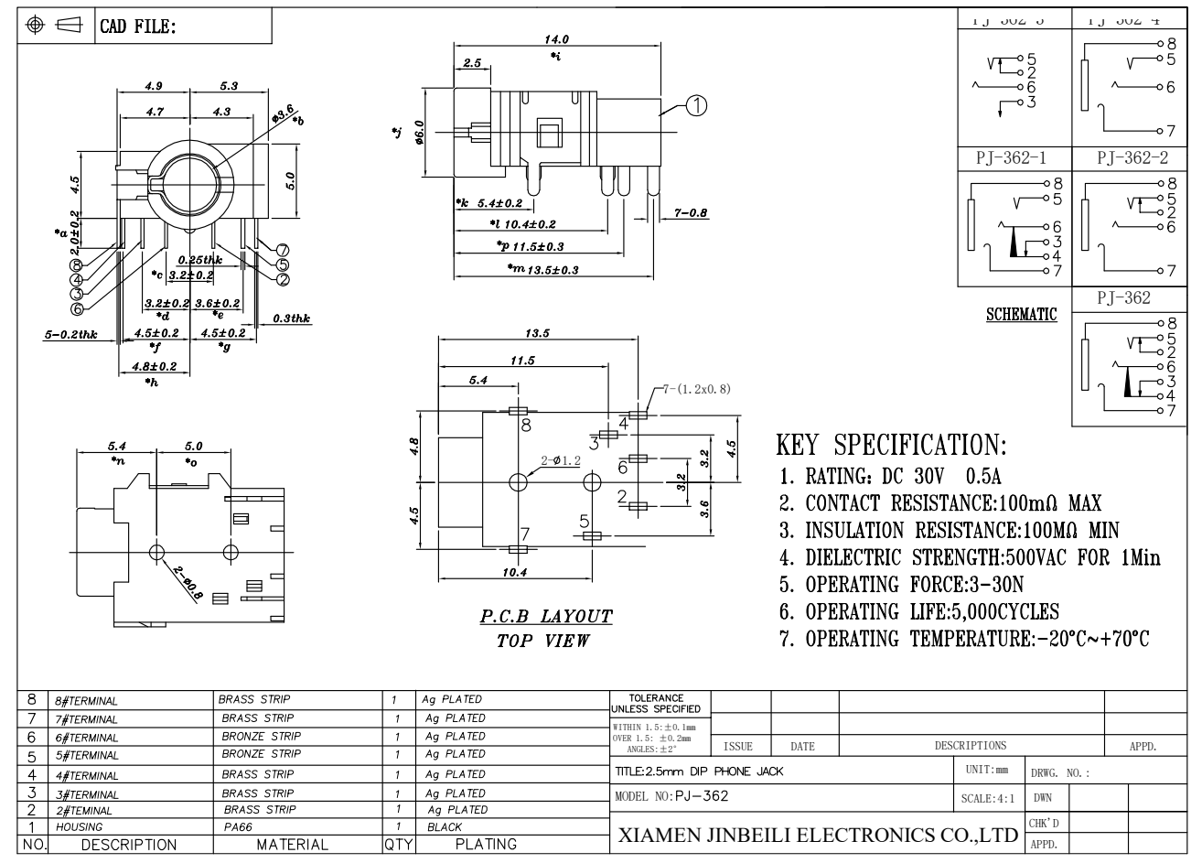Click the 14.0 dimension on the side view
(557, 39)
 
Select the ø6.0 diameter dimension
(420, 134)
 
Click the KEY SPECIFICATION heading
(891, 447)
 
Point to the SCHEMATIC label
(1021, 315)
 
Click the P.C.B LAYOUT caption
(546, 616)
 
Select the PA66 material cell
(234, 826)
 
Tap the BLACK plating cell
(445, 826)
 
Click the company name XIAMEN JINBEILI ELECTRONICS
(819, 835)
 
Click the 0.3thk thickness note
(292, 318)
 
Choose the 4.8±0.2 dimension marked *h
(154, 366)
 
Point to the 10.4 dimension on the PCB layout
(516, 573)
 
